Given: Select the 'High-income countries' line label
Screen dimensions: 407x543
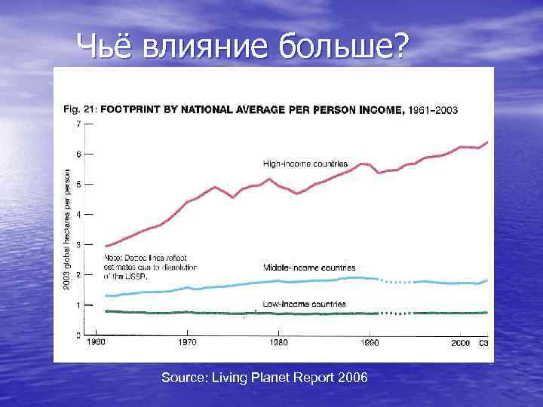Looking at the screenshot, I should [305, 164].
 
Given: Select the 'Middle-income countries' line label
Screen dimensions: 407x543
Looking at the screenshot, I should [309, 268].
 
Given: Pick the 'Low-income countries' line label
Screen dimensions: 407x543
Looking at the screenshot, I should [305, 304].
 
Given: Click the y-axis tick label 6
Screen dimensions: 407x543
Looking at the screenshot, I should [79, 154].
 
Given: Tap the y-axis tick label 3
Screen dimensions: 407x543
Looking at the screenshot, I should [79, 244].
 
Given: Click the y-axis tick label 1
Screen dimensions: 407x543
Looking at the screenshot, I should [79, 305].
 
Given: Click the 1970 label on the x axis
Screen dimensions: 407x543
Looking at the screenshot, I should [186, 342].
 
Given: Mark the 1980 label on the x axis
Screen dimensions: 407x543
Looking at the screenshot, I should [278, 342].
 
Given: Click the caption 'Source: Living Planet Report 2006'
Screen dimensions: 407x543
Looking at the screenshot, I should [265, 377].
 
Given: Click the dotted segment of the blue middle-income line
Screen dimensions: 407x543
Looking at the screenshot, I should [395, 282].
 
